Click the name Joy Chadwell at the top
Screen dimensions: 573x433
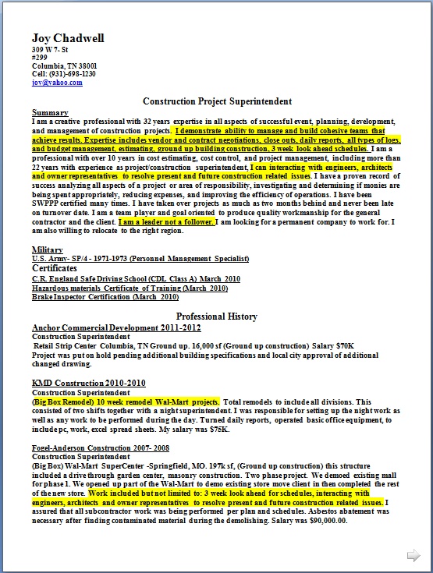coord(68,38)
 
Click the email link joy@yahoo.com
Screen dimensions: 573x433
coord(57,82)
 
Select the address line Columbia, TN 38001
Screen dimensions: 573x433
coord(65,65)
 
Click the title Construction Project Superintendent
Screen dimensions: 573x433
coord(217,101)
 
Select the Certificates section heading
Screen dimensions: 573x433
coord(59,267)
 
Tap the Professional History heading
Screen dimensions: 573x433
coord(216,317)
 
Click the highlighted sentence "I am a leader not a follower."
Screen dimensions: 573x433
coord(165,222)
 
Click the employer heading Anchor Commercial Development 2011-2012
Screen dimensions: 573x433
coord(108,328)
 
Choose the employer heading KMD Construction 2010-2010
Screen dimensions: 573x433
coord(89,383)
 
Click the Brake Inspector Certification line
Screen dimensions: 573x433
coord(105,297)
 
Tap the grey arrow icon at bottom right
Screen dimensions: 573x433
coord(413,555)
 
